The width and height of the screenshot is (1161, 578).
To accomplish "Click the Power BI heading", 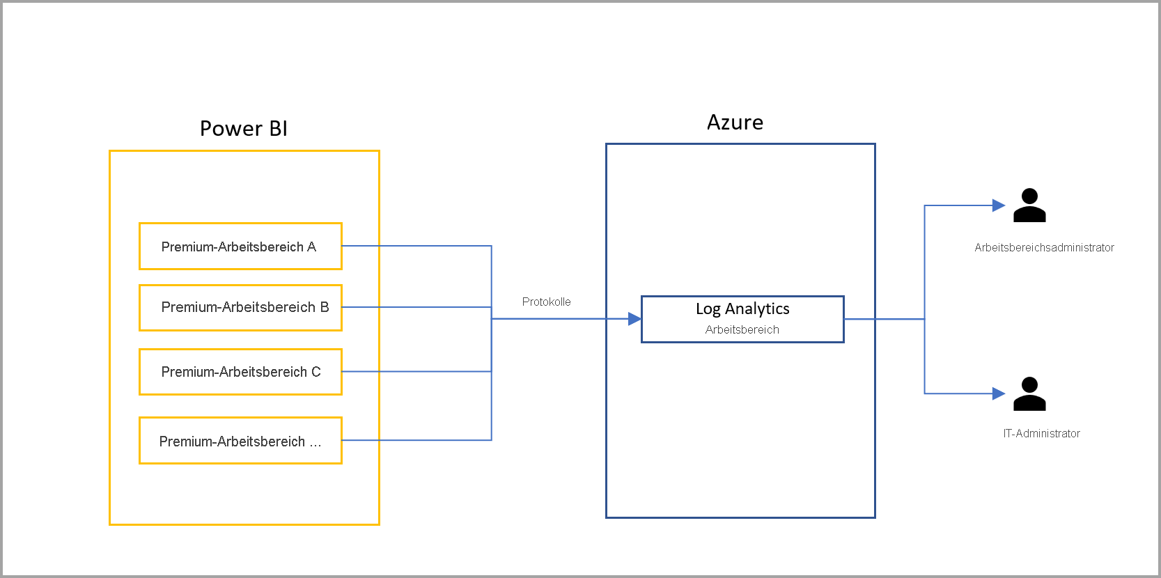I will [x=243, y=129].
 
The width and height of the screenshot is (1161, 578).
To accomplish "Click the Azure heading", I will [x=735, y=123].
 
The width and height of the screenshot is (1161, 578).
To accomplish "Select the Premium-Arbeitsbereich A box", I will [x=240, y=247].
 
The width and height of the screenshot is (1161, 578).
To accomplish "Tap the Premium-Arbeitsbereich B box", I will [x=240, y=308].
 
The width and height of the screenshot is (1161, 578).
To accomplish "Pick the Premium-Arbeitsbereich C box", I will [x=240, y=372].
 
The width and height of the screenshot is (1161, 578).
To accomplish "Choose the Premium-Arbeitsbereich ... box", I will [x=240, y=441].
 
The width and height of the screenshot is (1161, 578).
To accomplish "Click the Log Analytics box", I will [x=742, y=319].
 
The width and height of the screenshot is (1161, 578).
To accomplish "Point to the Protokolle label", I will [x=546, y=302].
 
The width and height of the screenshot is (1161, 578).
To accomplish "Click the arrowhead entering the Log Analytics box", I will [x=634, y=319].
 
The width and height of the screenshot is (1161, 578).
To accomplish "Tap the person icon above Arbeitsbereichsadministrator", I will [x=1029, y=205].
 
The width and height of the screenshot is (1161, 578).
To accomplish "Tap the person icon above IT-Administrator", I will [x=1029, y=394].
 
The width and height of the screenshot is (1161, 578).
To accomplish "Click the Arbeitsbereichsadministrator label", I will [x=1044, y=248].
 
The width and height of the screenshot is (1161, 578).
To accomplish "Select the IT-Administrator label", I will [x=1041, y=433].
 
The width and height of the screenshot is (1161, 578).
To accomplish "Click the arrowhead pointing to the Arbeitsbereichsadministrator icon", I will [x=998, y=205].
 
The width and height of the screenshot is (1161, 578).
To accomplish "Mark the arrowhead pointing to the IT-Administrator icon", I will [x=998, y=394].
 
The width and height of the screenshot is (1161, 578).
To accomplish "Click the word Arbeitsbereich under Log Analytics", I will [x=742, y=330].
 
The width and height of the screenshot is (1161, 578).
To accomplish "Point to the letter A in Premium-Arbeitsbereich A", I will [x=311, y=247].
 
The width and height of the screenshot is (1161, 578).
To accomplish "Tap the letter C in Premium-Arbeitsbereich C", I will [x=316, y=372].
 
